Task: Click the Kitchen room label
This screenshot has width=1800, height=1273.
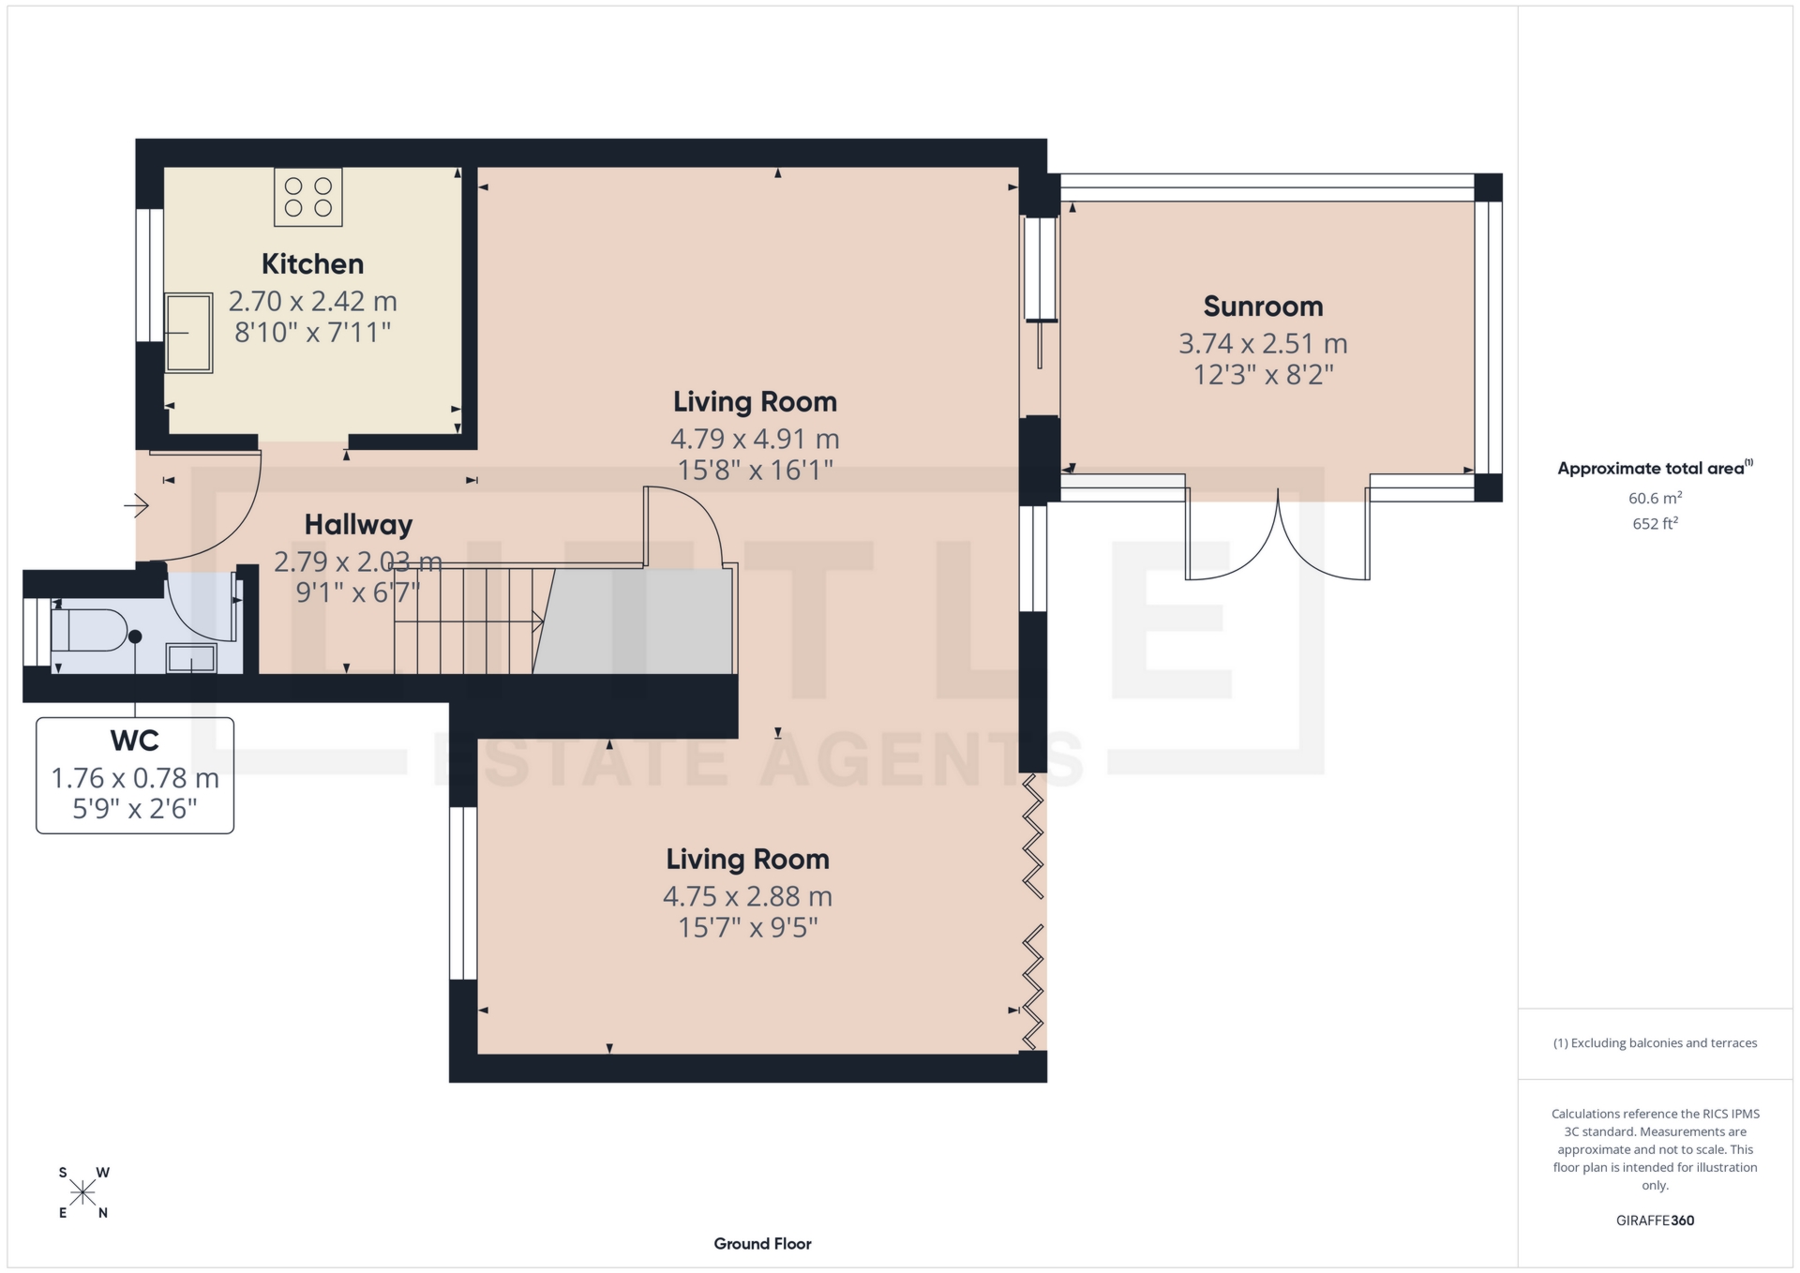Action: click(312, 264)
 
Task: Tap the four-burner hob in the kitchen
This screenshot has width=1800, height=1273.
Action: click(308, 197)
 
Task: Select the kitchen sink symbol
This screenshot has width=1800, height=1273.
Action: click(189, 333)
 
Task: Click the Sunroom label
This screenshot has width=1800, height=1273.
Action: click(1263, 307)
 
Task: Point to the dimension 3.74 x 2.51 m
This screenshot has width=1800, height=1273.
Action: click(1263, 344)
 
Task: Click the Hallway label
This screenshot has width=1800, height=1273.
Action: click(358, 525)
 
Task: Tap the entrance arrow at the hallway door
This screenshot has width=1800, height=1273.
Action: click(137, 506)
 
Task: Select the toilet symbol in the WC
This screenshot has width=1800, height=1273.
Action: click(89, 630)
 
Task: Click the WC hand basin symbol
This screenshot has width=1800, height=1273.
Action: click(191, 658)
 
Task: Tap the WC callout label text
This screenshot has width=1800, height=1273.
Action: click(135, 741)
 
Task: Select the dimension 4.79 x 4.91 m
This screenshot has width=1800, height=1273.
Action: click(754, 439)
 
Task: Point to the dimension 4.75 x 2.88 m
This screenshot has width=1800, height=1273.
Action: click(747, 897)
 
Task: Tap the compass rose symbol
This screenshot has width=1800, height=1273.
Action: click(83, 1192)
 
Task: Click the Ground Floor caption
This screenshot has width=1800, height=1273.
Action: click(762, 1244)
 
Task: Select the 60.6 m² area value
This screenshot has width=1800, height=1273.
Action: click(1655, 499)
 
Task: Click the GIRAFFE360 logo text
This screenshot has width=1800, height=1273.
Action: click(1655, 1221)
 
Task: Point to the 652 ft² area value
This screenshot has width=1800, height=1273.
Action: click(1655, 524)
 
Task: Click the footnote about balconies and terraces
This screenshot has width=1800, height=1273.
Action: click(1655, 1043)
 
